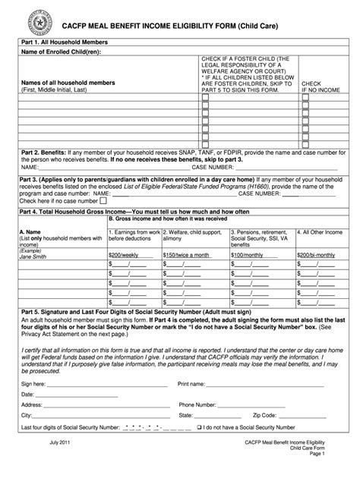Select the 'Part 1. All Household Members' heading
tap(65, 42)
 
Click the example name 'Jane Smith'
tap(35, 256)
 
